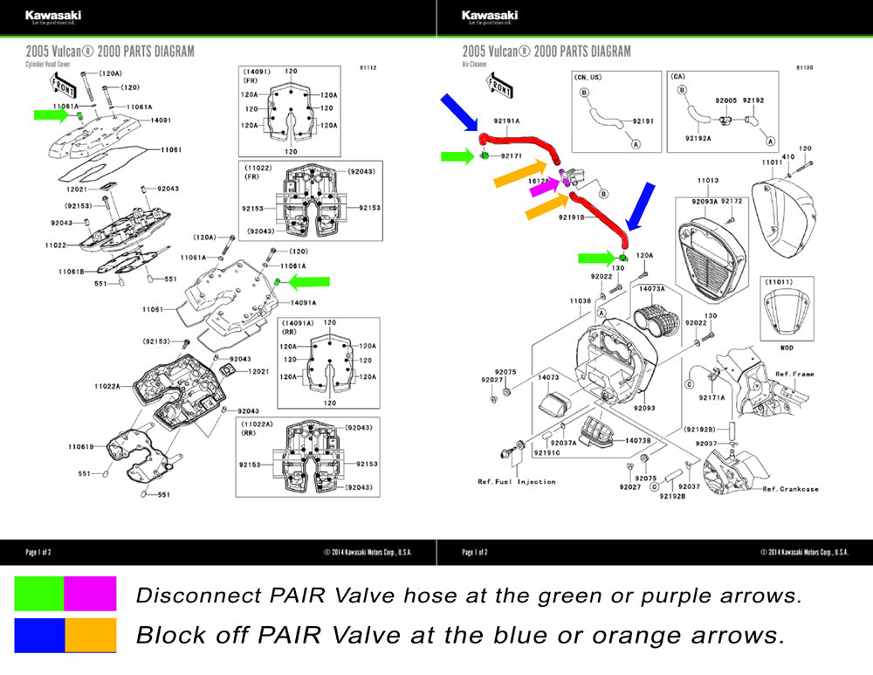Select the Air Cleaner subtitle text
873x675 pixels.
[x=475, y=64]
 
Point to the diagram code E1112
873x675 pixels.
[x=368, y=67]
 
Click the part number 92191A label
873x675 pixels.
[x=506, y=121]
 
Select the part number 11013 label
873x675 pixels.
[x=707, y=181]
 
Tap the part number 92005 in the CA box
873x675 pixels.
[x=726, y=100]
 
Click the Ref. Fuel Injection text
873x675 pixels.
[x=516, y=482]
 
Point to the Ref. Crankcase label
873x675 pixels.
[x=790, y=489]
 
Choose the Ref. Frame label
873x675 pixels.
[x=794, y=374]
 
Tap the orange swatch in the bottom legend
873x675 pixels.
[x=91, y=635]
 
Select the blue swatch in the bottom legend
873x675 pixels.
[x=39, y=635]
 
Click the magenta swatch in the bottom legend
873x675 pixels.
[x=91, y=593]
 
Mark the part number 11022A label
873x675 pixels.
[x=108, y=385]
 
